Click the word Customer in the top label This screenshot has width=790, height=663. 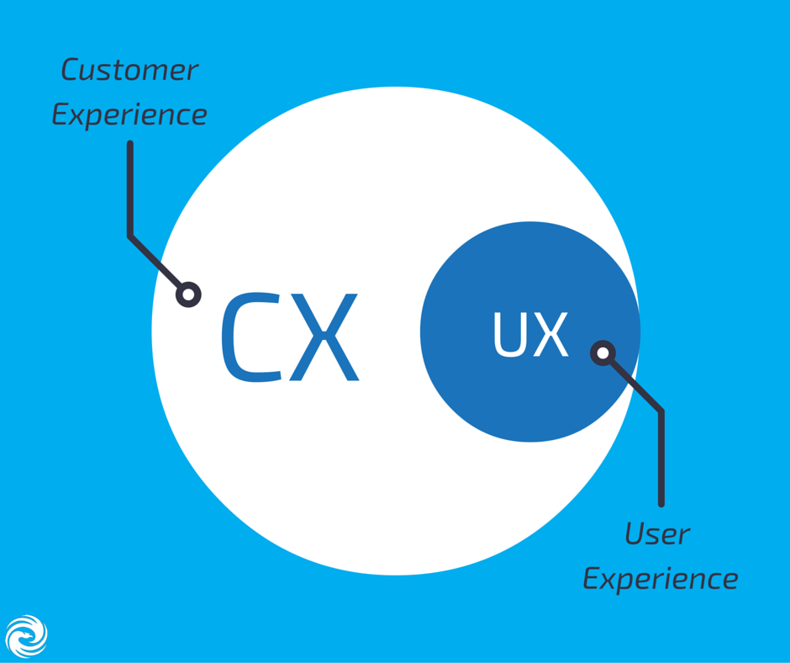tap(129, 71)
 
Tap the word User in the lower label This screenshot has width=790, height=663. tap(657, 534)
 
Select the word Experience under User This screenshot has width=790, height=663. tap(661, 580)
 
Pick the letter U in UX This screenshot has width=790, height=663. tap(509, 335)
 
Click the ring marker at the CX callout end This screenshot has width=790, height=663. tap(189, 294)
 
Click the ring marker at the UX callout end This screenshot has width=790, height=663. tap(603, 353)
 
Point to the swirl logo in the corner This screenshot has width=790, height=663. tap(26, 636)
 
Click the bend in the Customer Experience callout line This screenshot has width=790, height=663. tap(130, 236)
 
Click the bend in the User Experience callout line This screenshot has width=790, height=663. tap(661, 411)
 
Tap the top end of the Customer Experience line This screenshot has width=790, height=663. tap(130, 145)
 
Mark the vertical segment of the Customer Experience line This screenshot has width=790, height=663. tap(130, 189)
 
